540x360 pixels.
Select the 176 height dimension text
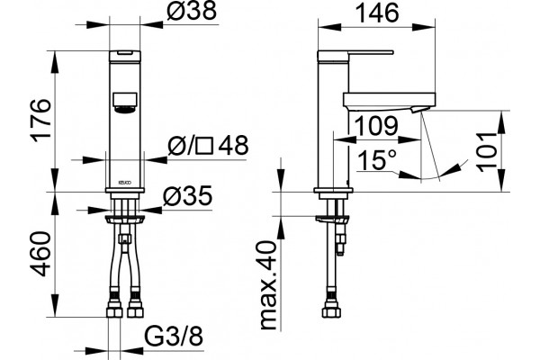tap(41, 120)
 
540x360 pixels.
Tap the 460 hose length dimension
tap(41, 254)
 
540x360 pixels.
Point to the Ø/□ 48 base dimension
tap(208, 145)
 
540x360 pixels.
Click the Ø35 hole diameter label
tap(188, 197)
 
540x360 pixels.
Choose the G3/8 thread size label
tap(173, 336)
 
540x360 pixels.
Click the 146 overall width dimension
tap(377, 13)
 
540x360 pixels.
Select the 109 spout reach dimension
tap(376, 126)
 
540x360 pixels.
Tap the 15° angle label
tap(377, 159)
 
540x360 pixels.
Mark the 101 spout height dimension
tap(487, 151)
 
